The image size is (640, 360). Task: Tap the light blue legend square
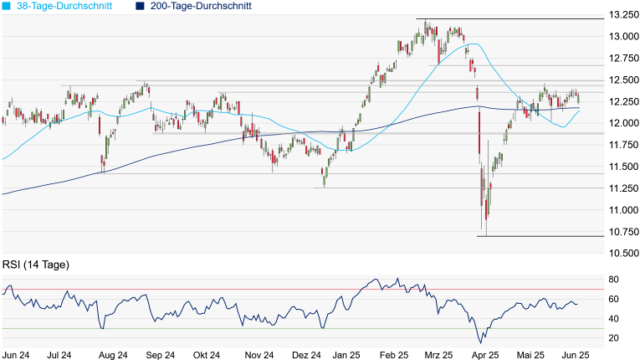[x=7, y=6]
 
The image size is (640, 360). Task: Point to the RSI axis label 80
[x=613, y=280]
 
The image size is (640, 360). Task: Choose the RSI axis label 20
[x=613, y=338]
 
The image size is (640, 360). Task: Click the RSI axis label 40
[x=613, y=319]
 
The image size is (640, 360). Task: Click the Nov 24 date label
[x=259, y=354]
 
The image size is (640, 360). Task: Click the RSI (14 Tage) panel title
[x=35, y=265]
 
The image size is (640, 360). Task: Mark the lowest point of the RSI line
[x=480, y=342]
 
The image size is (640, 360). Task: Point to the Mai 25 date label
[x=529, y=354]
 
